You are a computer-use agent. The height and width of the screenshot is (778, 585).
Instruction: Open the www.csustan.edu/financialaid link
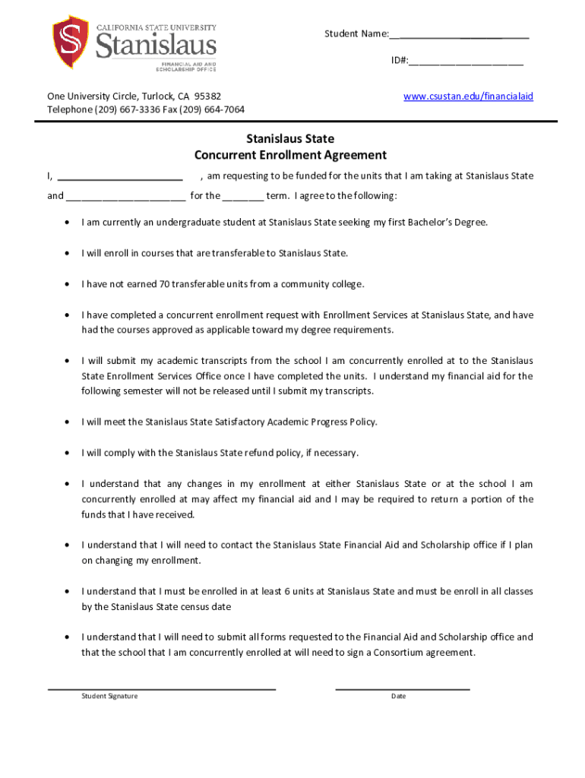coord(468,96)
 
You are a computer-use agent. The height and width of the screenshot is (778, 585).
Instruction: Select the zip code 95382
coord(207,96)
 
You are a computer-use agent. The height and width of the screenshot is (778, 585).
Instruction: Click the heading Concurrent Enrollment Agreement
coord(290,155)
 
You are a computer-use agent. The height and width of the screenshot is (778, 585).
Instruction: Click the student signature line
coord(162,688)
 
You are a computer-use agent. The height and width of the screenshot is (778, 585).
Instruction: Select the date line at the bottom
coord(403,688)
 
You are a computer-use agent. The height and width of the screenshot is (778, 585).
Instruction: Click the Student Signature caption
coord(110,697)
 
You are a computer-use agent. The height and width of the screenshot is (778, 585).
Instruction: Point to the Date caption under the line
coord(398,697)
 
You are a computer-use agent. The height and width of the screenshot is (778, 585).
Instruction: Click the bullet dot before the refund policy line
coord(68,453)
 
